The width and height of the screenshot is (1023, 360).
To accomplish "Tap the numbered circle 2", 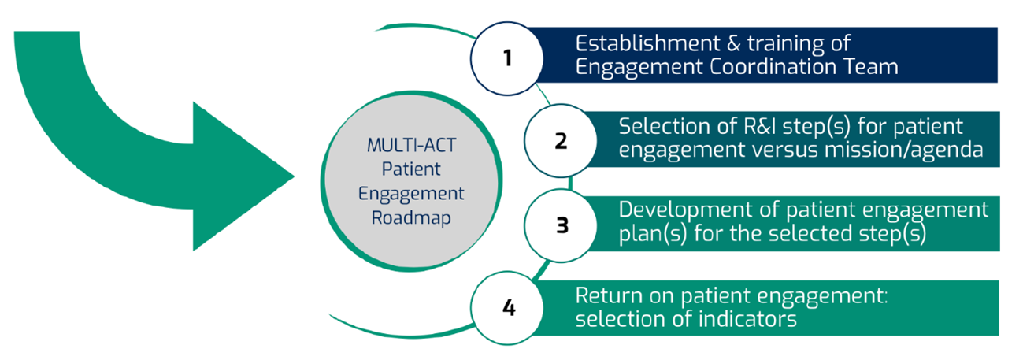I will pyautogui.click(x=561, y=143).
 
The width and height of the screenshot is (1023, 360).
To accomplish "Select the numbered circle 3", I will pyautogui.click(x=562, y=225).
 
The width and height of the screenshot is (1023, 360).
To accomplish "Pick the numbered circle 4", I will pyautogui.click(x=508, y=308).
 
